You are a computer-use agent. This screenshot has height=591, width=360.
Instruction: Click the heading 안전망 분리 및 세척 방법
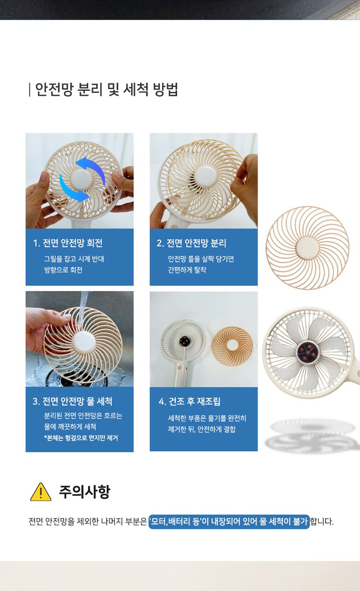107,90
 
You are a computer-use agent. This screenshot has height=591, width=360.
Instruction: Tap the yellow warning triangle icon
41,492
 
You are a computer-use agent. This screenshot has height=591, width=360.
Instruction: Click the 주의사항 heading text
84,492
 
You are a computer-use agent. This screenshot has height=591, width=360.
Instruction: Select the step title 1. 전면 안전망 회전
68,243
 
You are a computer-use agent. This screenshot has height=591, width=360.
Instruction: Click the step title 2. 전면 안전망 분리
192,243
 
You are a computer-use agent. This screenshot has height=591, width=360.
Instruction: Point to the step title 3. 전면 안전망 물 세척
72,401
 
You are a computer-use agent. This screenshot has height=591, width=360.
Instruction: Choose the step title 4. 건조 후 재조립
189,401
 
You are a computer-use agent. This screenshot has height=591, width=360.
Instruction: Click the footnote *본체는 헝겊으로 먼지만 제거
81,438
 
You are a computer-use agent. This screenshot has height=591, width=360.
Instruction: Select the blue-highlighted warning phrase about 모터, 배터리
229,521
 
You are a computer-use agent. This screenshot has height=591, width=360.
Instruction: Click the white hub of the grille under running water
84,342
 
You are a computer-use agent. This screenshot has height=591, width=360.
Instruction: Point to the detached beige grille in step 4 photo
232,346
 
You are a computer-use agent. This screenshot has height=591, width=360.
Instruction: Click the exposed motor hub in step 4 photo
184,342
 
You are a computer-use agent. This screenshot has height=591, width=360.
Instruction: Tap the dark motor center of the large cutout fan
307,352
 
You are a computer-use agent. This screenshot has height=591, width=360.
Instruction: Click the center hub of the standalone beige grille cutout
307,248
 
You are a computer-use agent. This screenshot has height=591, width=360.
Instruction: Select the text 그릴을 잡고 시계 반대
74,259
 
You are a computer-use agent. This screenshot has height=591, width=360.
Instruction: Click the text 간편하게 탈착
187,270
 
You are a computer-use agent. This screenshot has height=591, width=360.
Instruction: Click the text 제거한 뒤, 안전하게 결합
202,429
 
